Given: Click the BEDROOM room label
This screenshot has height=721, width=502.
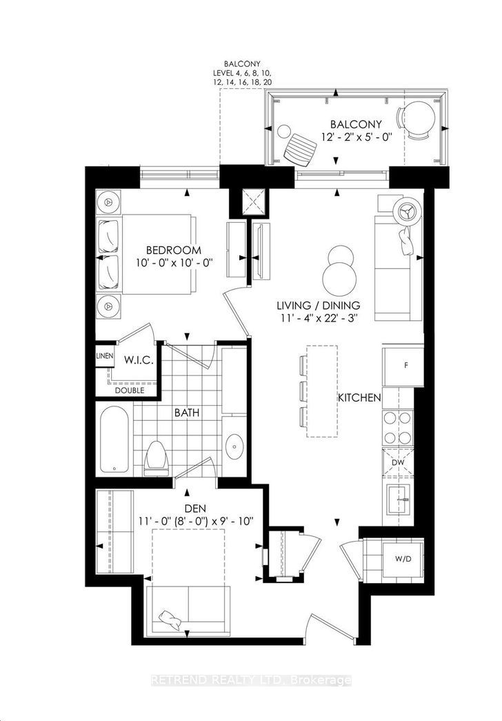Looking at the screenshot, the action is point(173,250).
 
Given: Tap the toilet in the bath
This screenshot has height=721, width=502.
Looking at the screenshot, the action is point(155,458).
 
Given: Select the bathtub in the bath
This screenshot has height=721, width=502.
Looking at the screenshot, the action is point(114,439).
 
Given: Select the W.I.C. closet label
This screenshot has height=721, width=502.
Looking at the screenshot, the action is point(139,359).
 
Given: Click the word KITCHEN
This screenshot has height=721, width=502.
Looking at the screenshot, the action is point(359,397).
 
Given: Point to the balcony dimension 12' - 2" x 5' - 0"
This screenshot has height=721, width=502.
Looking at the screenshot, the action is point(356,137).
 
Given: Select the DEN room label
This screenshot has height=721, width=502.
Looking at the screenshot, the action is point(195,508).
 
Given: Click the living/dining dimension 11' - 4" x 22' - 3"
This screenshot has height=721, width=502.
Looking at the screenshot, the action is point(317,317).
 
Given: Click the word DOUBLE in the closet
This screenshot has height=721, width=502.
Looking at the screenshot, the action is point(129,391).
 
